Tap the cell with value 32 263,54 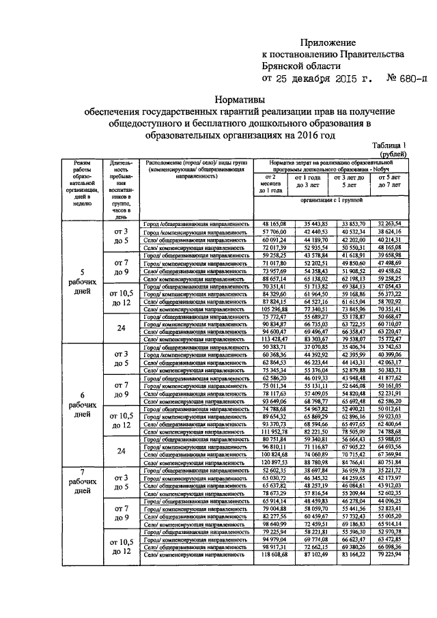click(x=391, y=224)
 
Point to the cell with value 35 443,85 click(x=316, y=224)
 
